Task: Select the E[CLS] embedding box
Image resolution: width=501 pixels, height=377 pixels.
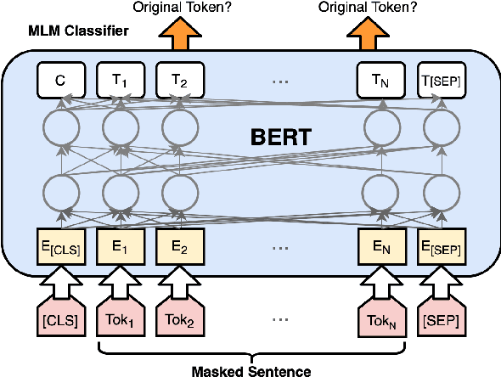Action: click(60, 247)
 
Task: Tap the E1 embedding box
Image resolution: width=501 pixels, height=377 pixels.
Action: click(120, 247)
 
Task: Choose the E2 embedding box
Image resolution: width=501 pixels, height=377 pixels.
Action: click(178, 247)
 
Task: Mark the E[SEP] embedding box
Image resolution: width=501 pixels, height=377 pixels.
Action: click(440, 247)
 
